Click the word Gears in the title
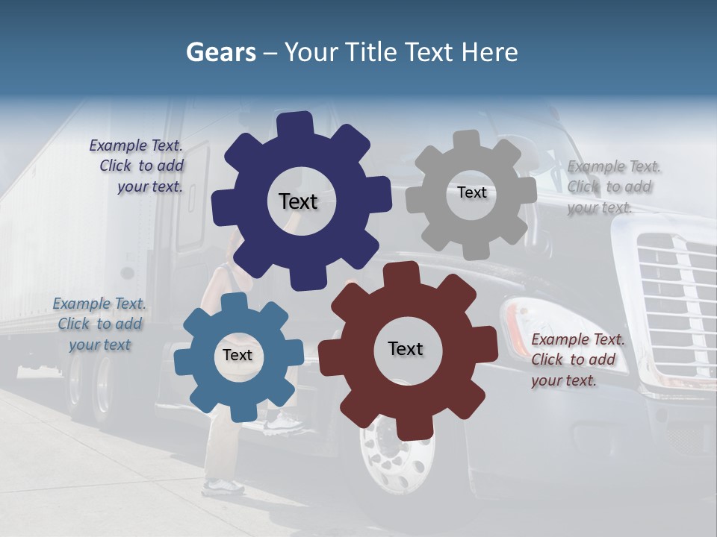220,52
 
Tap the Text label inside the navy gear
298,201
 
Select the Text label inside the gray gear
471,192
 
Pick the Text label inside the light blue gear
238,355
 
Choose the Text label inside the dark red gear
406,348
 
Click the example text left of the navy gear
137,166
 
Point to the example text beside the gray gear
612,186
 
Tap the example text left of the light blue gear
100,324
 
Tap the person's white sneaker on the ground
223,487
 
